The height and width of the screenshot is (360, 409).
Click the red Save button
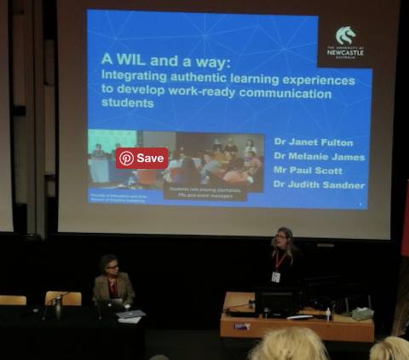pos(141,158)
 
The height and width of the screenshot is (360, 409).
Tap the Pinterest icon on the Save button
pos(127,158)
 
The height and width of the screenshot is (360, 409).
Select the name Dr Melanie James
pos(320,158)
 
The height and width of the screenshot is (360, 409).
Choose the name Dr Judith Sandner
pos(320,185)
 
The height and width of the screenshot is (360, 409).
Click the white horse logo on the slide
pos(345,37)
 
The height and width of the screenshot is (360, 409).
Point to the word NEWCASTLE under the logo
pos(345,53)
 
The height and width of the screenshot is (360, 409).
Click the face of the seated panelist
pos(111,266)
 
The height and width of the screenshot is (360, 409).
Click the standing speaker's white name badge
pos(275,276)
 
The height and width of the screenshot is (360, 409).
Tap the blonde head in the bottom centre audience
pos(288,345)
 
